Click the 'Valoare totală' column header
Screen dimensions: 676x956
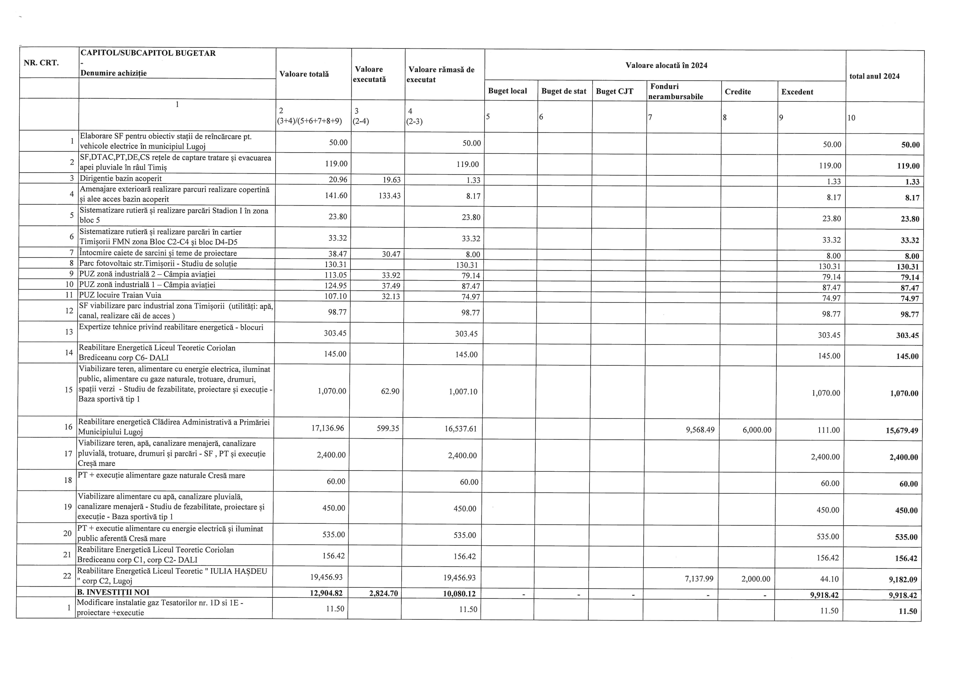pos(304,74)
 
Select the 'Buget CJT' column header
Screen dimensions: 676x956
pos(614,92)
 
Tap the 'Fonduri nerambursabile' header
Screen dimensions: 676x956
pos(675,92)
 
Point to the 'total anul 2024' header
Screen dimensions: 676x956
pos(874,76)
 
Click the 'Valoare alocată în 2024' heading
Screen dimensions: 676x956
pos(666,66)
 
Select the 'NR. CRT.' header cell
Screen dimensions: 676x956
pos(41,63)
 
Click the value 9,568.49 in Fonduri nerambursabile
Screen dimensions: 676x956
pos(700,430)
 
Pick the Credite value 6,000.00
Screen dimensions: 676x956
pos(757,430)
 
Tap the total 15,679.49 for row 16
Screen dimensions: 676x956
pos(902,431)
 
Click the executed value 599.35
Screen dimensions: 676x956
pos(388,428)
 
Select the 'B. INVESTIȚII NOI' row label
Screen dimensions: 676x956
pos(113,592)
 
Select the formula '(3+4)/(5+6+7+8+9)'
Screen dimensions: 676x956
pos(310,121)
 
